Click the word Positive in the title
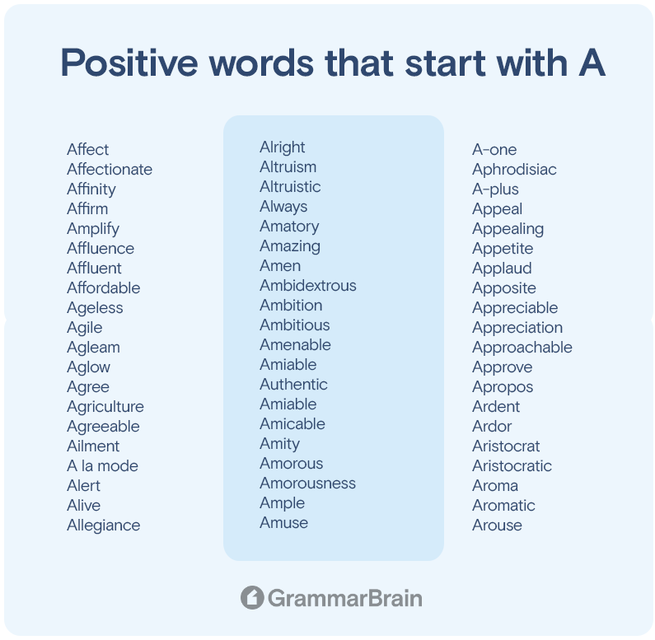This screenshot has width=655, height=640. tap(129, 63)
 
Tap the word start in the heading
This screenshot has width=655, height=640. tap(445, 63)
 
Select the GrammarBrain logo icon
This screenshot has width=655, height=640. tap(252, 597)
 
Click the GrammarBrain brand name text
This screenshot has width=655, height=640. tap(345, 598)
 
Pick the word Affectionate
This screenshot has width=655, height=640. tap(110, 169)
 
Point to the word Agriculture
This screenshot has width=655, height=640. tap(105, 407)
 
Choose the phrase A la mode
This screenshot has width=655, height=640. tap(102, 466)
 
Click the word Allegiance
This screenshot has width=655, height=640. tap(104, 526)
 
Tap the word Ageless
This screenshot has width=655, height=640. tap(95, 308)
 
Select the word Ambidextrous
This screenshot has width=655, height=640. tap(308, 286)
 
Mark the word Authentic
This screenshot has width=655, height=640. tap(293, 385)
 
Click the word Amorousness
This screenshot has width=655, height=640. tap(308, 484)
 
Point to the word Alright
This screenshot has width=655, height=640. tap(283, 147)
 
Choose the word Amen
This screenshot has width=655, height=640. tap(280, 266)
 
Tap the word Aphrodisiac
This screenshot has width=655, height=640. tap(514, 170)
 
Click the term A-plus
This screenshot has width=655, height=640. tap(495, 189)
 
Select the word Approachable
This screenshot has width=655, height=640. tap(522, 348)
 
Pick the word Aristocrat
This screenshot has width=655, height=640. tap(506, 446)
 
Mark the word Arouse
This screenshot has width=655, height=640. tap(497, 526)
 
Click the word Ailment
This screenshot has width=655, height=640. tap(93, 446)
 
